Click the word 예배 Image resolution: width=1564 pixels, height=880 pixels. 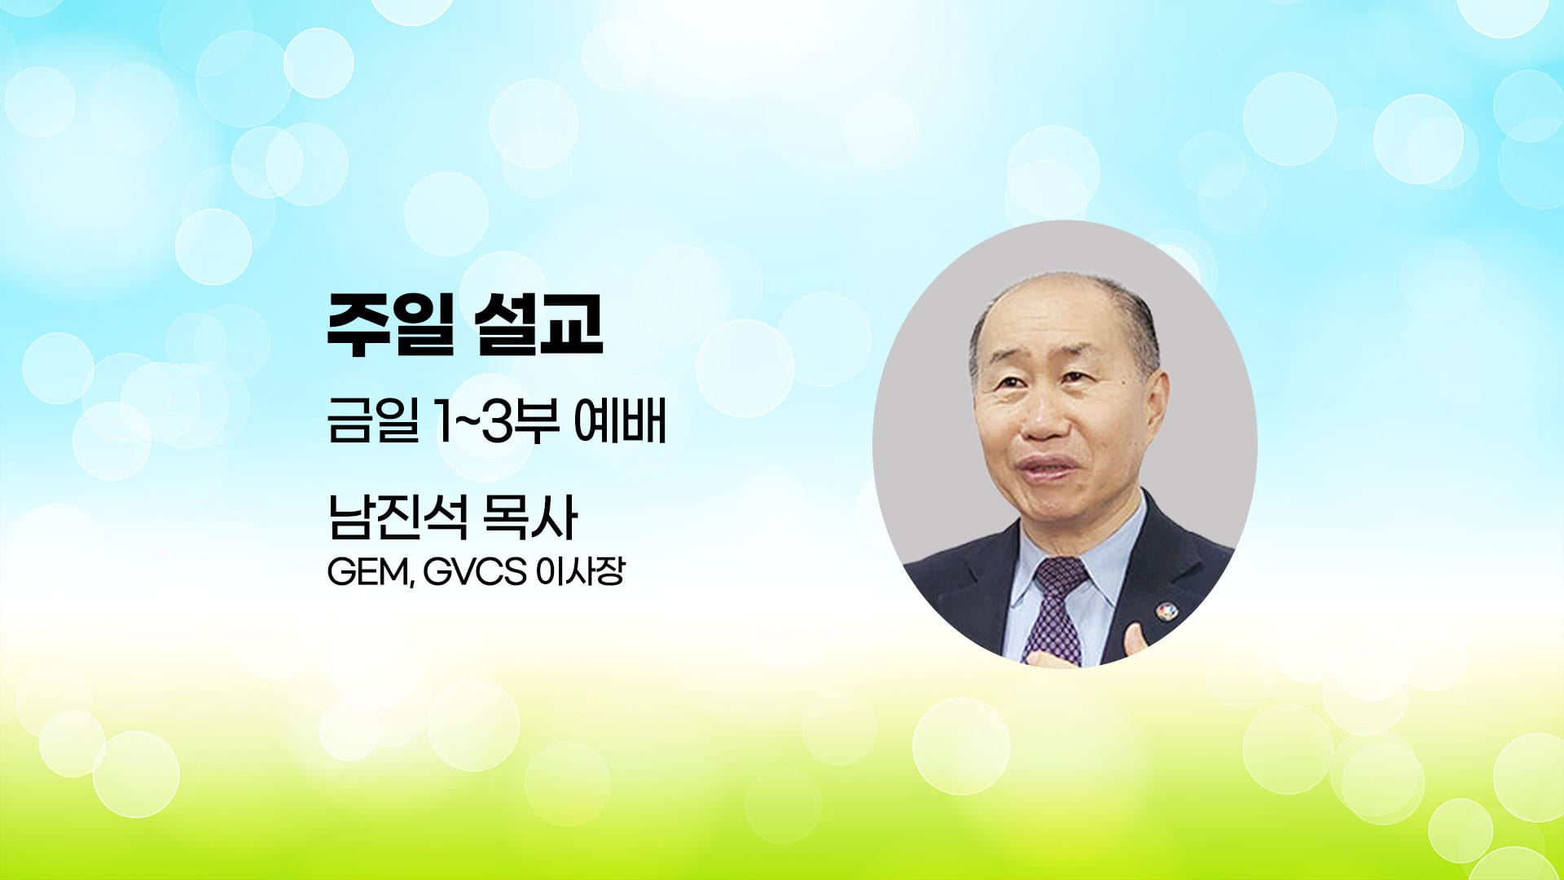click(x=621, y=423)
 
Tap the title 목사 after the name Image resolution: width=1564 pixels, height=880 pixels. click(x=531, y=517)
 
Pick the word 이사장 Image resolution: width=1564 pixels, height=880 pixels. click(x=580, y=573)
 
